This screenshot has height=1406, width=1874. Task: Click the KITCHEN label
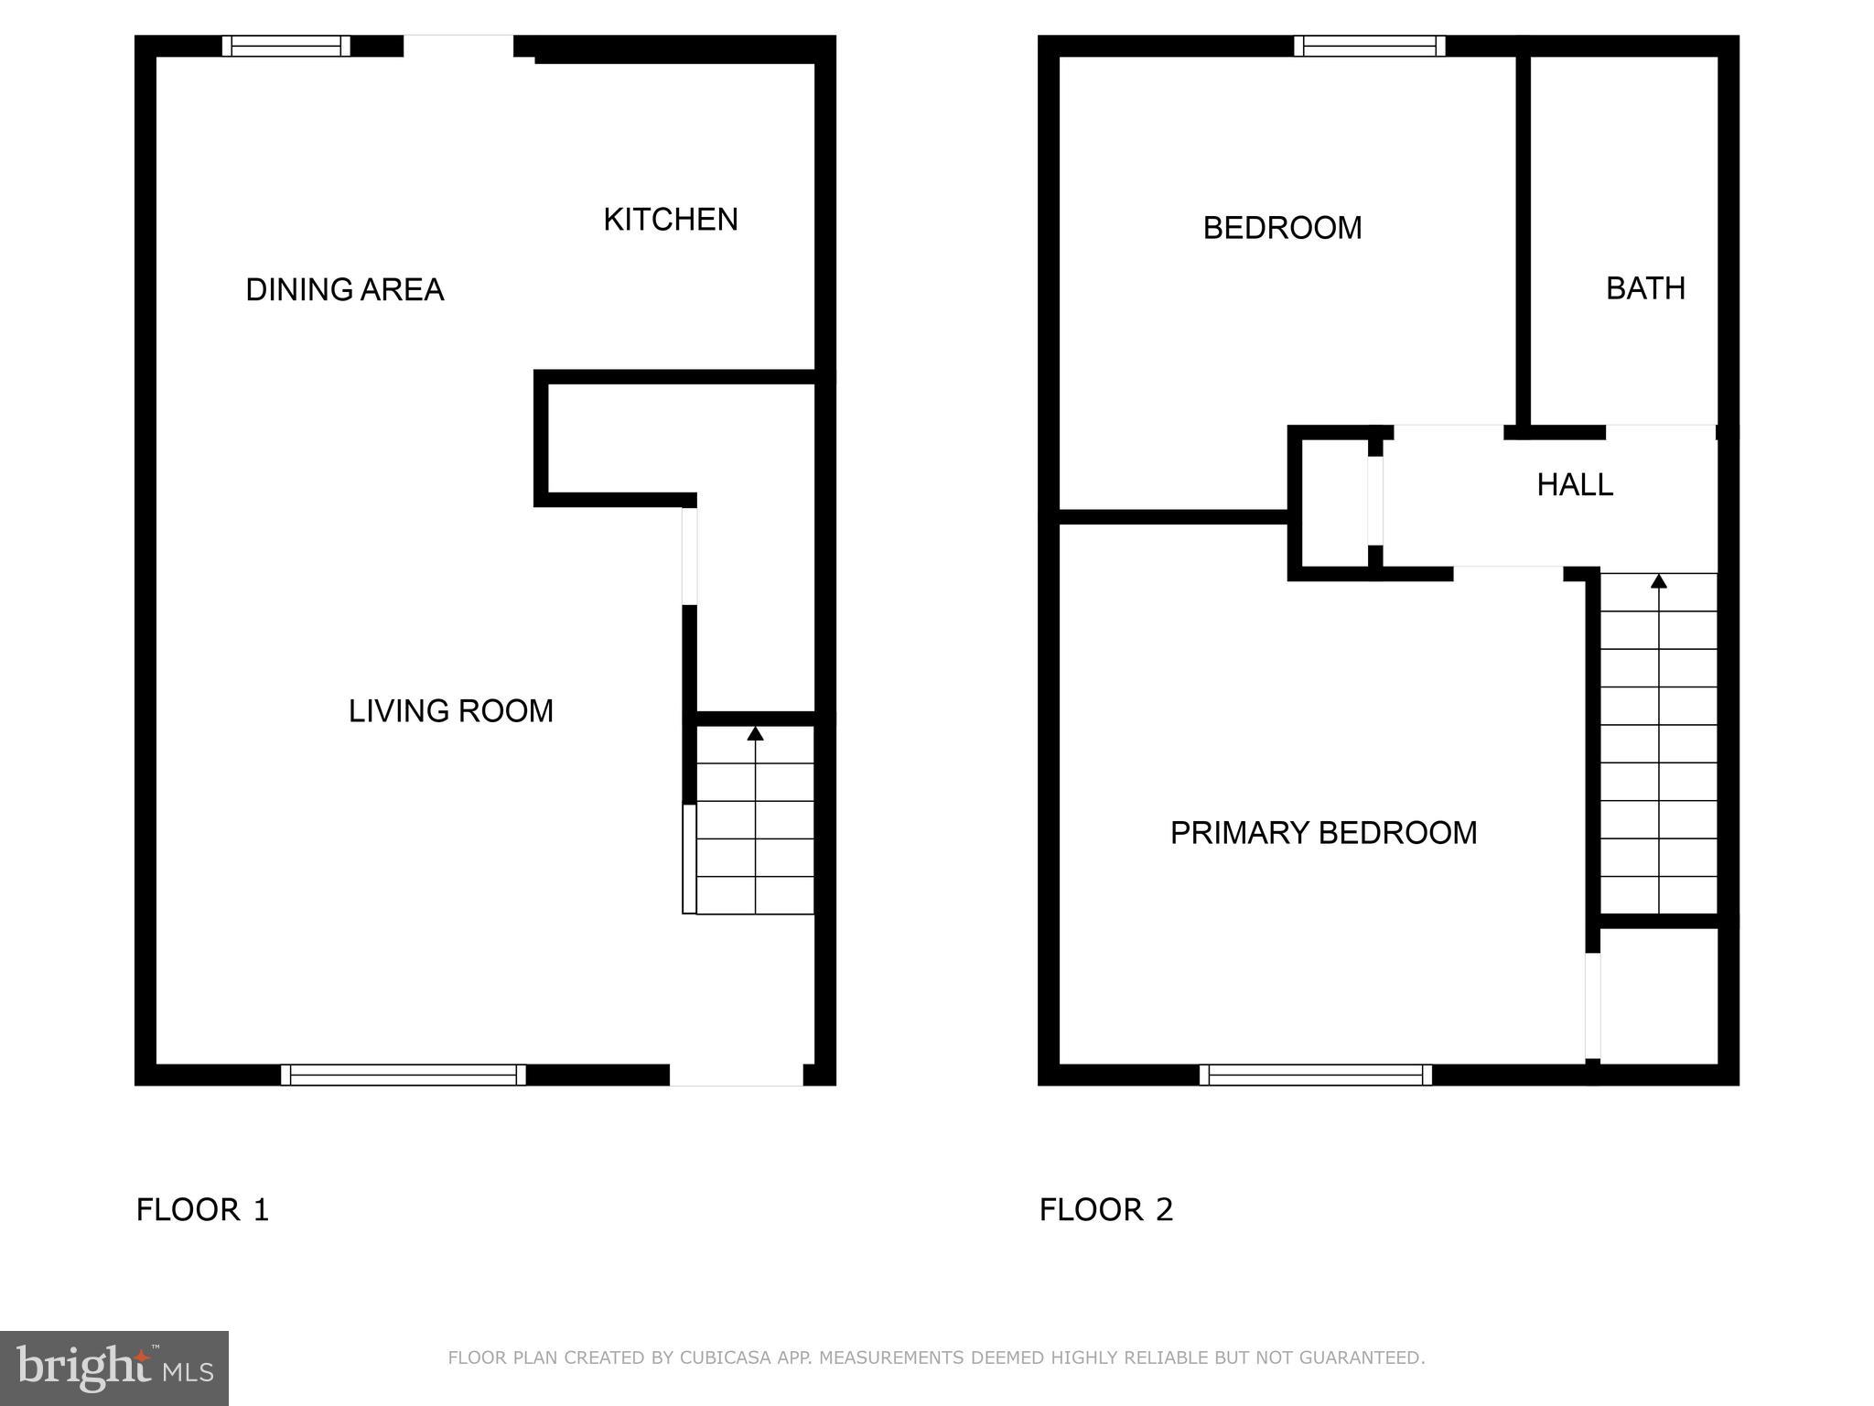click(670, 220)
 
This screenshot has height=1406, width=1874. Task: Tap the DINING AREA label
click(344, 290)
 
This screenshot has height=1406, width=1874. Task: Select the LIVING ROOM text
click(450, 711)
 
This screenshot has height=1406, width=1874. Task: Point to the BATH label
click(1645, 289)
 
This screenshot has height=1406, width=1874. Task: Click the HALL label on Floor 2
click(1574, 485)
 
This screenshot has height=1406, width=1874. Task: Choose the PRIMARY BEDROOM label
click(1323, 833)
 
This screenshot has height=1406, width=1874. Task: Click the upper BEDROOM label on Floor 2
click(1281, 228)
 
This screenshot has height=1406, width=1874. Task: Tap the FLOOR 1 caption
click(202, 1210)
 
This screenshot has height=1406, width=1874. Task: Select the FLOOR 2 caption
click(1105, 1210)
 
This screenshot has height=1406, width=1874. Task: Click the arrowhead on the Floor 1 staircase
click(755, 733)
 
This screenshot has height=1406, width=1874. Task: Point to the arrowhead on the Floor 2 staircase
click(1658, 580)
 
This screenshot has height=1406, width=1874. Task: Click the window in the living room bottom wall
click(403, 1075)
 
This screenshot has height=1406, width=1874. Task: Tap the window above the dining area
click(285, 46)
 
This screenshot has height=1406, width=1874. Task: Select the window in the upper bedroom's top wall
click(1369, 46)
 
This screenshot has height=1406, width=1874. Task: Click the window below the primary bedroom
click(1315, 1075)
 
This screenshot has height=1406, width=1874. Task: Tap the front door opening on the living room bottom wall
click(736, 1076)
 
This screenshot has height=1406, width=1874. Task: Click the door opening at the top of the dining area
click(458, 46)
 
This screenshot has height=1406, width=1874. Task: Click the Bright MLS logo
click(113, 1368)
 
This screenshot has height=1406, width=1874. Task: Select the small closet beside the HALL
click(1334, 503)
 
